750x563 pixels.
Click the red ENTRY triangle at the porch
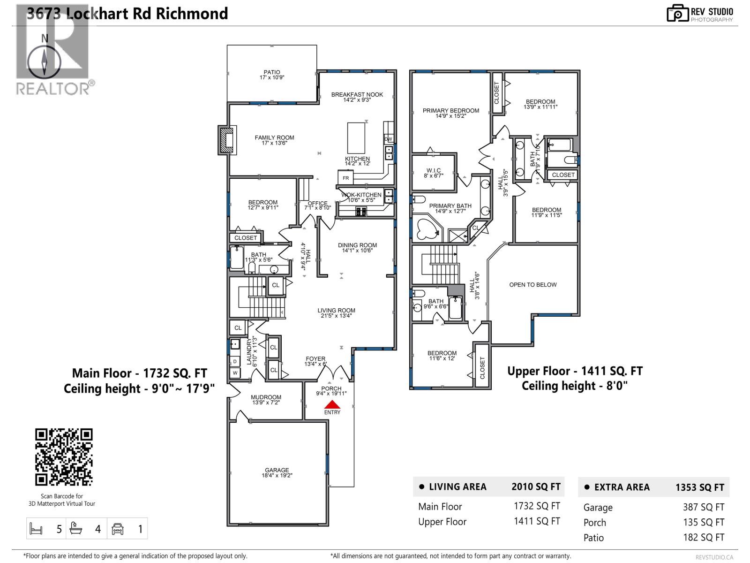coord(332,404)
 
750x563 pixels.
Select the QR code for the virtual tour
coord(64,456)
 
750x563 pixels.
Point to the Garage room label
coord(277,470)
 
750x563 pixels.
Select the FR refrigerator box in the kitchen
coord(346,178)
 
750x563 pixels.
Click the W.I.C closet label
coord(433,171)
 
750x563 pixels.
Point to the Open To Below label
coord(533,285)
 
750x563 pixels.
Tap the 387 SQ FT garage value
coord(703,507)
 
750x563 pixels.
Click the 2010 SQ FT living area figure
coord(535,487)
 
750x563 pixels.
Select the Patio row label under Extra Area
coord(593,538)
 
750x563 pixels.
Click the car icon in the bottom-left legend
coord(117,529)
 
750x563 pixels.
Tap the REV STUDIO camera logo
coord(678,13)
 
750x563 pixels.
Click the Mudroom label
coord(266,397)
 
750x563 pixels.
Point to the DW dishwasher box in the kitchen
coord(388,139)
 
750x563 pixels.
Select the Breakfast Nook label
coord(357,94)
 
